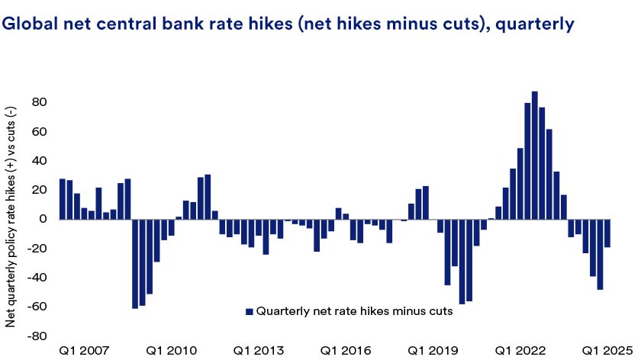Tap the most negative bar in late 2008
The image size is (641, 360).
135,263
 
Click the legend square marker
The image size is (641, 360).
248,312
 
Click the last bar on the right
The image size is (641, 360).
607,233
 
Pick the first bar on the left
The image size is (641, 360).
63,198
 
